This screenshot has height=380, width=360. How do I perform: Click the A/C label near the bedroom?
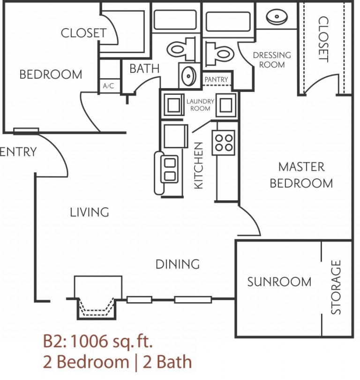pos(109,86)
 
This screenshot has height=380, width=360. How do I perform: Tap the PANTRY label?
pos(216,80)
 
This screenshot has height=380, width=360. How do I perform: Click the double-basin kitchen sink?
pos(168,169)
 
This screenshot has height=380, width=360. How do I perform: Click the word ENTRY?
pos(18,152)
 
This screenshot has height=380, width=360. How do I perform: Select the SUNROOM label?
pos(279,281)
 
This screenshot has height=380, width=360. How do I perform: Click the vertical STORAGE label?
pos(336,287)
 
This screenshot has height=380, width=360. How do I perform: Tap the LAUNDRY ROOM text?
pos(200,105)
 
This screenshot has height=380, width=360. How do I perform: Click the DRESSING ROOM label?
pos(272,60)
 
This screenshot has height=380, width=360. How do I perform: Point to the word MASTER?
pos(301,167)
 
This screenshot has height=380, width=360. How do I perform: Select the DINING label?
pos(178,264)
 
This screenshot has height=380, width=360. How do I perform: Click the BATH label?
pos(144,68)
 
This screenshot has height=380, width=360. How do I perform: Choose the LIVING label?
pos(90,212)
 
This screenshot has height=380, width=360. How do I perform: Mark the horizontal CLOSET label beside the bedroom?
pos(84,33)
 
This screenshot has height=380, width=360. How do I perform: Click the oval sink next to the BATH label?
pos(189,76)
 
